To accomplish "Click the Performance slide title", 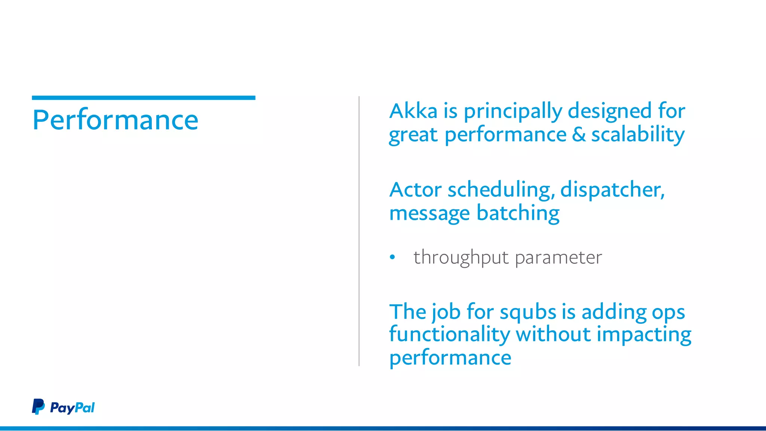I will [115, 120].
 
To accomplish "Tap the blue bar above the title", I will [143, 98].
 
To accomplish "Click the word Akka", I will [413, 111].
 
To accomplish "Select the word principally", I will [513, 112].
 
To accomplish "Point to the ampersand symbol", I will [579, 135].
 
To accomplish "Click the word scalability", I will [638, 135].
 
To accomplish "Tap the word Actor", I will [415, 190].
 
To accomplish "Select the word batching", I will [518, 213].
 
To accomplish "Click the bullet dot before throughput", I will [392, 257].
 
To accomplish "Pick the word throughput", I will [461, 258].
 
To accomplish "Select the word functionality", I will [449, 335].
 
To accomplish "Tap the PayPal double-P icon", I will [38, 407].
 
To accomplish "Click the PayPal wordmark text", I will [72, 407].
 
